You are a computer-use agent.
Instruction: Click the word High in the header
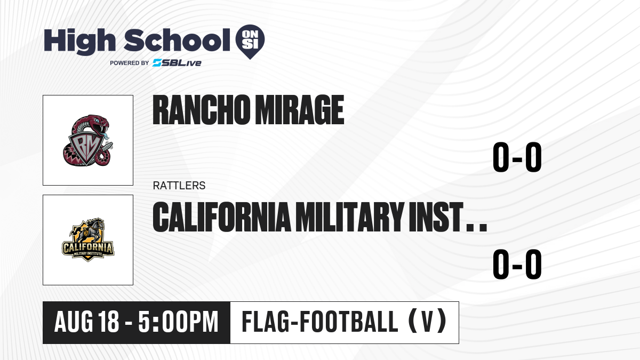(x=79, y=41)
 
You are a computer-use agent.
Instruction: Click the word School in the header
(x=177, y=40)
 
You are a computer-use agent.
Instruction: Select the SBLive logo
(x=177, y=63)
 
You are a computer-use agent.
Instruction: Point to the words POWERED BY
(x=130, y=63)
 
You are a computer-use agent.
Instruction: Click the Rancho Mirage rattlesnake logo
(x=88, y=140)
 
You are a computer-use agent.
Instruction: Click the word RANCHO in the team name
(x=201, y=110)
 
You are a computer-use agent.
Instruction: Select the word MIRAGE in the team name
(x=299, y=110)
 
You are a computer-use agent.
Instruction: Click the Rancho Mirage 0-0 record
(x=517, y=157)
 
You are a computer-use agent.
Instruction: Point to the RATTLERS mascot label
(x=179, y=186)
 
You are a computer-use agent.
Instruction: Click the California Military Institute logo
(x=88, y=239)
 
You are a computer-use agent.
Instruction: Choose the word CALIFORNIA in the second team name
(x=222, y=217)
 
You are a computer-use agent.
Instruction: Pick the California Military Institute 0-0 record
(x=517, y=264)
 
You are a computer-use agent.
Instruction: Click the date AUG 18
(x=86, y=322)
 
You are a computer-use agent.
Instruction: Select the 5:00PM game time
(x=178, y=322)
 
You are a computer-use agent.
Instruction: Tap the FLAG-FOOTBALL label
(x=320, y=321)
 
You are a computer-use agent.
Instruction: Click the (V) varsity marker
(x=427, y=321)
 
